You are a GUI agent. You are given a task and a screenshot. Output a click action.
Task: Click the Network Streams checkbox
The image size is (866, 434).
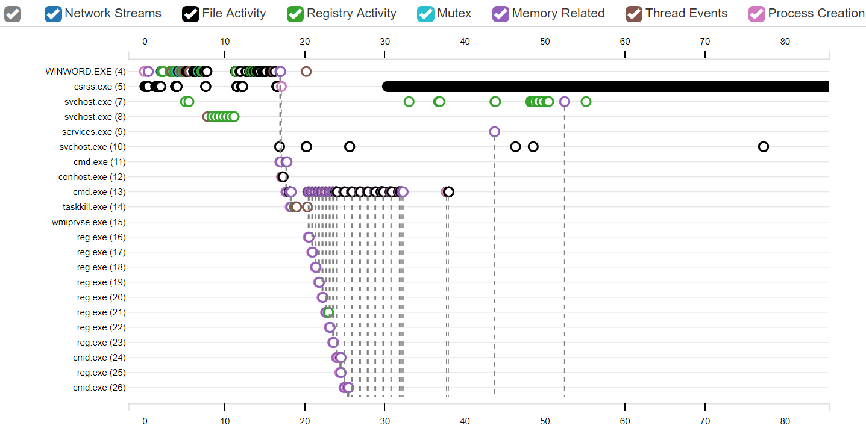[54, 14]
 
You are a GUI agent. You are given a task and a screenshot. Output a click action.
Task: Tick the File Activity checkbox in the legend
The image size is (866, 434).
[191, 14]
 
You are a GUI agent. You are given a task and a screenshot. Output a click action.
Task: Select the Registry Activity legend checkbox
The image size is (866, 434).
[295, 14]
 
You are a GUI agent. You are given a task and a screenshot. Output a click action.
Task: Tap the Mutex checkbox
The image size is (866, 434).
[426, 14]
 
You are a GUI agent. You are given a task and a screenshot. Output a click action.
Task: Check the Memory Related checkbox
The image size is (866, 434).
[501, 14]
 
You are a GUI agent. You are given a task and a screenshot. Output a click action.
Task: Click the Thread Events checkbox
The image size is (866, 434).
[635, 14]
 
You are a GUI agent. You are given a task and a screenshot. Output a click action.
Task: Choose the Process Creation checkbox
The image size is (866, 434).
[757, 14]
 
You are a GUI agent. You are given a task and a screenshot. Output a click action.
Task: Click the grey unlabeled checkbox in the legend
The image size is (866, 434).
[13, 14]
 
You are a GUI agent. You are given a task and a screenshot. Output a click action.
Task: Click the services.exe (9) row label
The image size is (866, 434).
[94, 132]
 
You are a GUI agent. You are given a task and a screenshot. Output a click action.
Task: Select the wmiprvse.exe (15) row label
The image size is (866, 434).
[89, 222]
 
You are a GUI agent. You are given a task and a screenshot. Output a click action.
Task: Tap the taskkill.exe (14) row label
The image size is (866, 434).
[94, 207]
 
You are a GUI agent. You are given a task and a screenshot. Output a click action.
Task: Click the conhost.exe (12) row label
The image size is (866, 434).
[92, 177]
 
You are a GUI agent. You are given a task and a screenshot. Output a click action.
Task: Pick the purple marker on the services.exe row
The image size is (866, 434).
[494, 132]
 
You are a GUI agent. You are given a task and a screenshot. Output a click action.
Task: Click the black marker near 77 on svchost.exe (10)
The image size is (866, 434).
[764, 147]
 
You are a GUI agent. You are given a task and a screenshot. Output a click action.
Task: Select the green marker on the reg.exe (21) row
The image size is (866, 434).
[328, 312]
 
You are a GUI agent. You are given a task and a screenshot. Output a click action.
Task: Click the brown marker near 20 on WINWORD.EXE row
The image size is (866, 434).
[306, 72]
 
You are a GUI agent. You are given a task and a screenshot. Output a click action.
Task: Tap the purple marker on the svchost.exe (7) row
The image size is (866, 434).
[564, 102]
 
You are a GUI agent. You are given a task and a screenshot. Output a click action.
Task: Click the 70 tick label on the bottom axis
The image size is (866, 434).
[705, 421]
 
